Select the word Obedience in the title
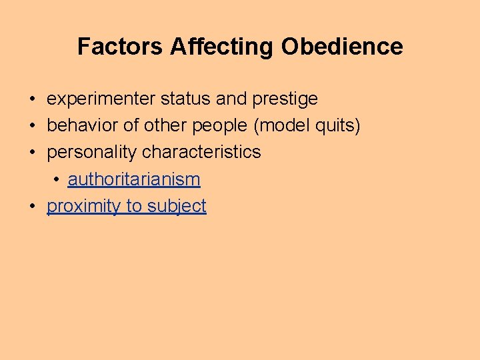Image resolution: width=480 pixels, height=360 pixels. click(x=342, y=47)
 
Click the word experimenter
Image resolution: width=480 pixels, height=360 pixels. click(x=101, y=99)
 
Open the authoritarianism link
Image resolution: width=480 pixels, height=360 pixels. click(x=134, y=179)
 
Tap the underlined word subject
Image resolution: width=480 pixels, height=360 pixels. click(x=177, y=207)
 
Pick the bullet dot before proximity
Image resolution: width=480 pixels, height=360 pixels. click(x=32, y=207)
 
